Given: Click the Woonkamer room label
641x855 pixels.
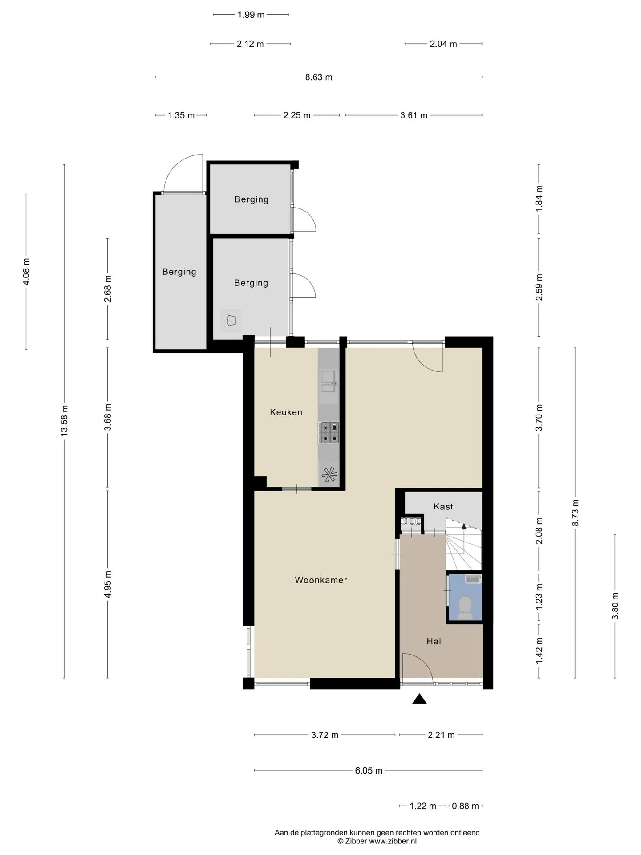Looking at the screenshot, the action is click(320, 580).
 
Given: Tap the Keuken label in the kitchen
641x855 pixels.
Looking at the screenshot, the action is click(286, 412).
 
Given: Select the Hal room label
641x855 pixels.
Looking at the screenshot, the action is click(434, 641).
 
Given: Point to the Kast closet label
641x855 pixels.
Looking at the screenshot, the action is click(443, 506).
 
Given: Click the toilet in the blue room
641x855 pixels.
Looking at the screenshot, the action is click(466, 608).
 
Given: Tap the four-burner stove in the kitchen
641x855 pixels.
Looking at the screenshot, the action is click(329, 433).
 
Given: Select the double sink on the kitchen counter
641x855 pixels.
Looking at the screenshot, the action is click(329, 382).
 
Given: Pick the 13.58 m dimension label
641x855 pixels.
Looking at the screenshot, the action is click(65, 420).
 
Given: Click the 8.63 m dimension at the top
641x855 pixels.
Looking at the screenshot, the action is click(319, 77).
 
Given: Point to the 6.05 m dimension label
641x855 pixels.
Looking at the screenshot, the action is click(369, 770).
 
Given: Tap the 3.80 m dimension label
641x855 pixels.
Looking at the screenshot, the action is click(615, 606).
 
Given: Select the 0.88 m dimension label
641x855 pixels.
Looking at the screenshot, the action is click(465, 806).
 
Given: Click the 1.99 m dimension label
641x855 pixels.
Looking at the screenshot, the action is click(251, 15).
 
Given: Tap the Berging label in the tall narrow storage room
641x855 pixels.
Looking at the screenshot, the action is click(179, 272).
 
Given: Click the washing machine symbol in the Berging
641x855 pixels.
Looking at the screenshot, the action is click(231, 320).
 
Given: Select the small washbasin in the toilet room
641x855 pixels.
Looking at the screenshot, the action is click(473, 579).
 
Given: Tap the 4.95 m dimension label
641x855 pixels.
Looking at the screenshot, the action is click(107, 584).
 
